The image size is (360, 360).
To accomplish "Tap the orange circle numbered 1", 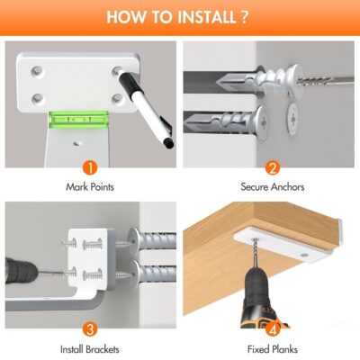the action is click(90, 168).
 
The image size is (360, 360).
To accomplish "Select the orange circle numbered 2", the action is click(273, 168).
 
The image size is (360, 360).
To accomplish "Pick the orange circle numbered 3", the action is click(90, 329).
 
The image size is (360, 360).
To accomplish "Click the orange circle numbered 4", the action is click(273, 329).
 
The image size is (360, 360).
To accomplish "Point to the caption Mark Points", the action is click(90, 187).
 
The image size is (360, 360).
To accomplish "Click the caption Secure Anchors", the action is click(273, 187).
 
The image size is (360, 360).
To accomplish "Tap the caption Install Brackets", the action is click(90, 349).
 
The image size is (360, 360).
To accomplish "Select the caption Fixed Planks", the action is click(273, 349).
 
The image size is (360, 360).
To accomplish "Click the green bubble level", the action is click(78, 120).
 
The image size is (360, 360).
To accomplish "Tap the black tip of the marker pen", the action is click(169, 144).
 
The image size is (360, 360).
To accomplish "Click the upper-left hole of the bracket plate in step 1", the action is click(37, 72).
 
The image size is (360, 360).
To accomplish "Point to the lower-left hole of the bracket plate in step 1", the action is click(38, 98).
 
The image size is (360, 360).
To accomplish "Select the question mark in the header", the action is click(244, 17).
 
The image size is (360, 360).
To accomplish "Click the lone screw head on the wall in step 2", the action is click(293, 119).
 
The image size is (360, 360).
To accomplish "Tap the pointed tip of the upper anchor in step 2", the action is click(217, 81).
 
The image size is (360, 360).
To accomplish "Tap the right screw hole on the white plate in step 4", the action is click(304, 255).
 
